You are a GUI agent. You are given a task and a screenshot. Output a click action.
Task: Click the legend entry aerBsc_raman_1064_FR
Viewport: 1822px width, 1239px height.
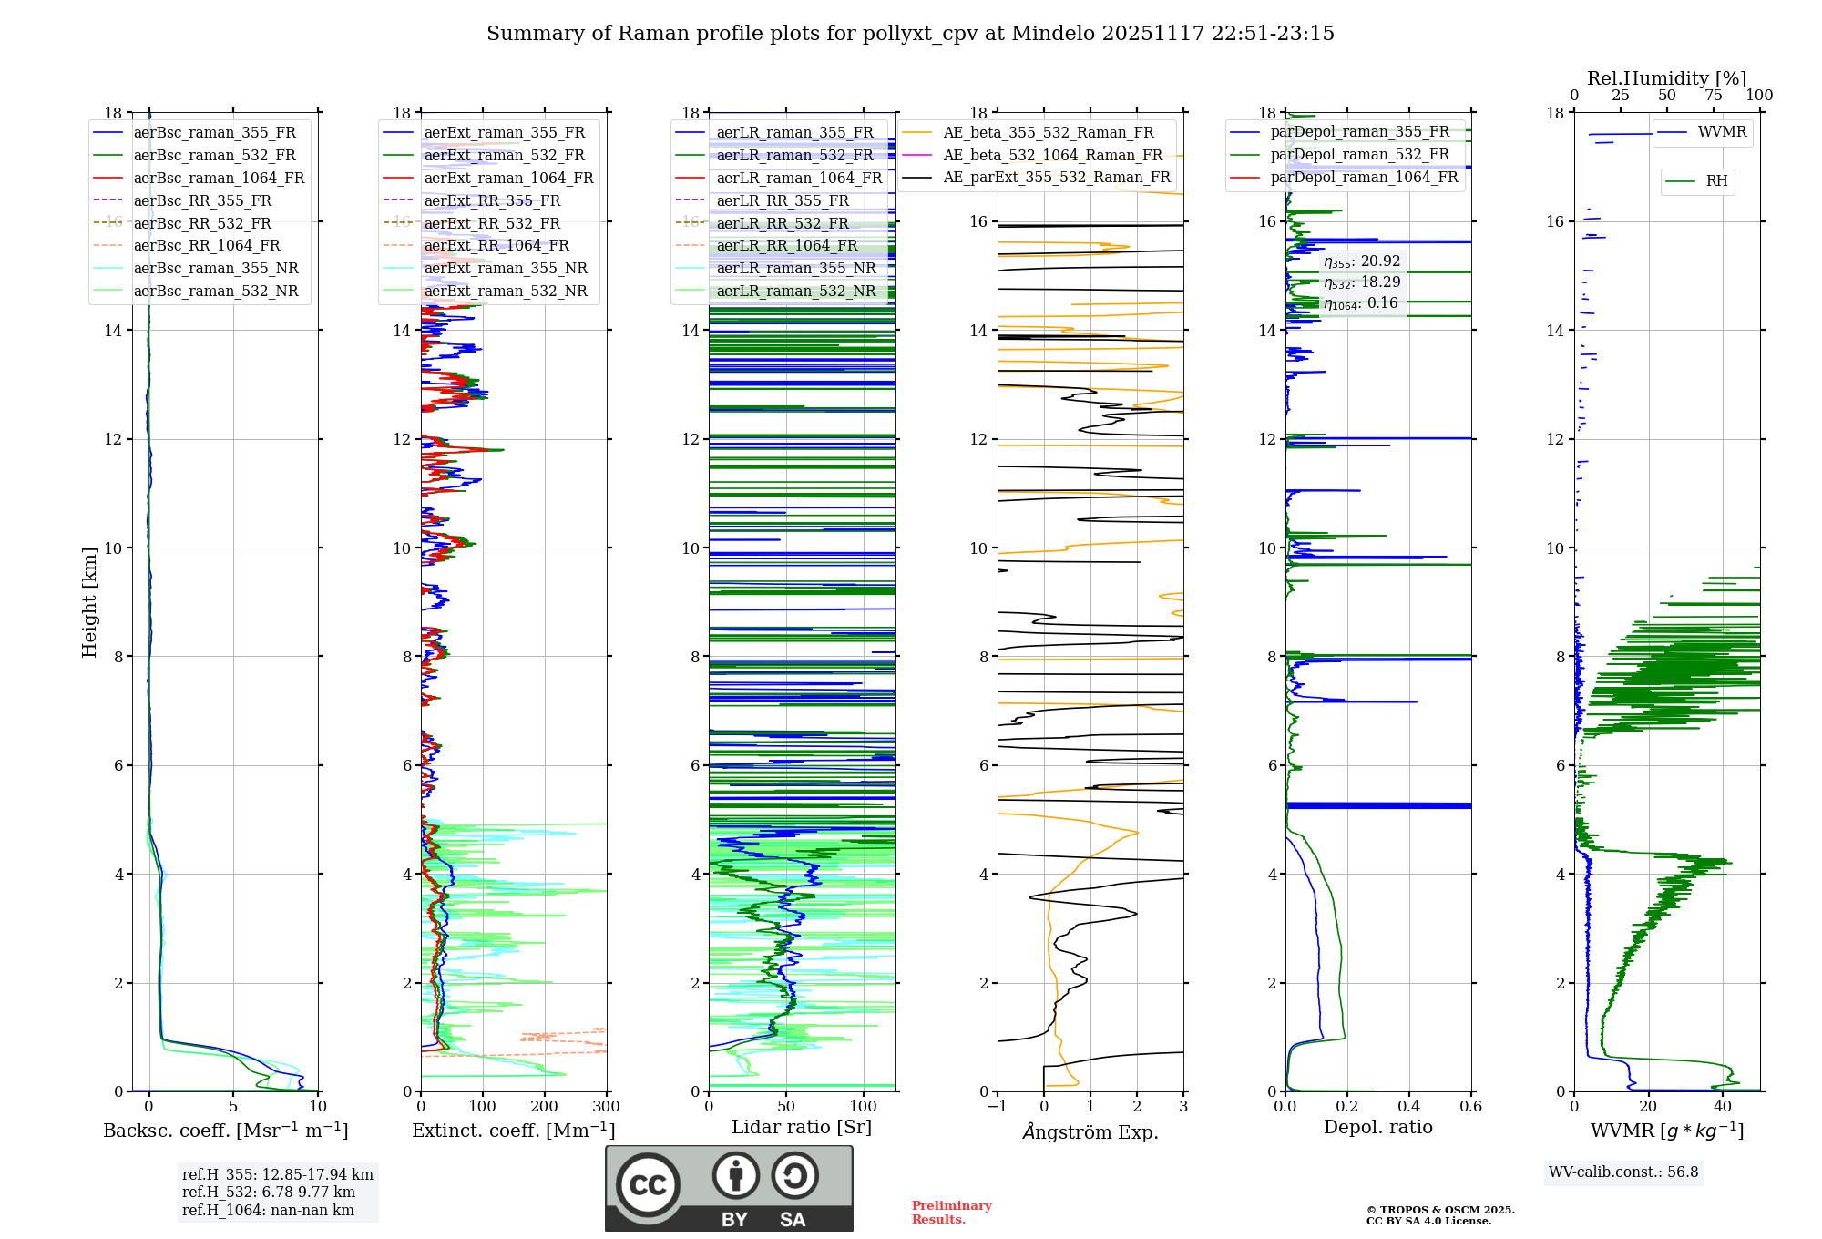click(219, 178)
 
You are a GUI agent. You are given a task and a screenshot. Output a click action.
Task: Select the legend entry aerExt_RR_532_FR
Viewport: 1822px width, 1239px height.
click(492, 223)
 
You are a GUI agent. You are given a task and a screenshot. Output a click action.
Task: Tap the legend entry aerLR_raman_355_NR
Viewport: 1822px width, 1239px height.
click(796, 268)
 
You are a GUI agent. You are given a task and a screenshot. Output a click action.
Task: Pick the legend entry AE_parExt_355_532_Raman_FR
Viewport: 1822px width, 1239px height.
click(1057, 177)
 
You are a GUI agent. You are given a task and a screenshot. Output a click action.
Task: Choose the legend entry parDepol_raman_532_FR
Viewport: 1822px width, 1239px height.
click(1359, 154)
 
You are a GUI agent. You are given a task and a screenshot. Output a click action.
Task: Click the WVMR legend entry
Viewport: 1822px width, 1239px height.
click(1722, 132)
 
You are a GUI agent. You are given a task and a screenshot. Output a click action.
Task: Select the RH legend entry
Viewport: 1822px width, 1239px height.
click(1716, 181)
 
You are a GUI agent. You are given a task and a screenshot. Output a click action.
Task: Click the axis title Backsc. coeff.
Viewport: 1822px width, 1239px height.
click(225, 1131)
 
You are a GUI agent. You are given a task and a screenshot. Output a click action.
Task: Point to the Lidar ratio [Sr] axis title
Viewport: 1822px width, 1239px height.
click(802, 1127)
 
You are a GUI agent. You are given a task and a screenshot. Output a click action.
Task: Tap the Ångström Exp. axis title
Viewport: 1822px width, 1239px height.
click(1090, 1131)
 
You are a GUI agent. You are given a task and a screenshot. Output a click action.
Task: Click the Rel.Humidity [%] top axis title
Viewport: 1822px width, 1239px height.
click(1666, 78)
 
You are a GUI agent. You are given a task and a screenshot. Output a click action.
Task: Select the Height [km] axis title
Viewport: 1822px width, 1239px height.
click(89, 601)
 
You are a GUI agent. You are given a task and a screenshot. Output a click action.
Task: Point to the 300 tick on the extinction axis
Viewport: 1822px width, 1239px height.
click(606, 1107)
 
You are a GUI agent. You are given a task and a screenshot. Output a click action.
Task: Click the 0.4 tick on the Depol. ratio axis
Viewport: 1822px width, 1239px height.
click(1409, 1107)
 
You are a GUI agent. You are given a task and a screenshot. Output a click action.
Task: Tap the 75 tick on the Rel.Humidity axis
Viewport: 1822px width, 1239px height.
click(1714, 96)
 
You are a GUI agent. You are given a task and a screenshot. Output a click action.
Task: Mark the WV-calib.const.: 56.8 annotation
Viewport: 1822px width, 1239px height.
click(1623, 1172)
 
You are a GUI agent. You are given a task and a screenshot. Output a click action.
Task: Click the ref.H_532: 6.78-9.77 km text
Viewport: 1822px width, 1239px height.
click(269, 1193)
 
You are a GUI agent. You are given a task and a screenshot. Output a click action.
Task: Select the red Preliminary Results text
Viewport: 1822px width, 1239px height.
click(951, 1213)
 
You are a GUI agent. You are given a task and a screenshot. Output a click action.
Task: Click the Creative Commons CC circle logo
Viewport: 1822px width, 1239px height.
click(648, 1185)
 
